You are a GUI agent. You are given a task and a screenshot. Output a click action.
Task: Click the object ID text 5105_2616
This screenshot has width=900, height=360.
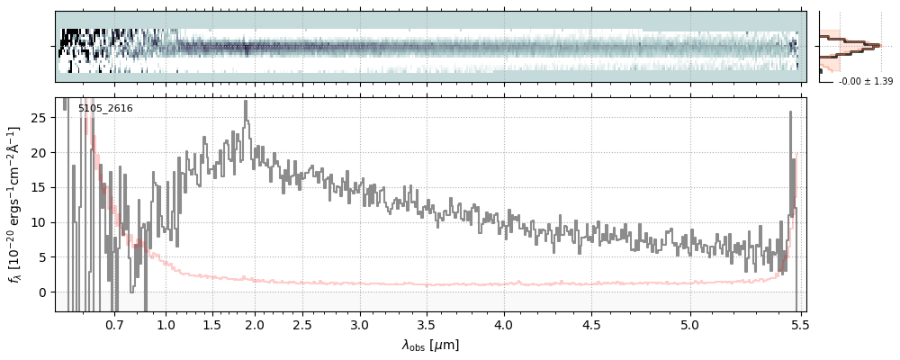pyautogui.click(x=105, y=109)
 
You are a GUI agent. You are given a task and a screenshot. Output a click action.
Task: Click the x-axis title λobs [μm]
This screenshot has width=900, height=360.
pyautogui.click(x=430, y=345)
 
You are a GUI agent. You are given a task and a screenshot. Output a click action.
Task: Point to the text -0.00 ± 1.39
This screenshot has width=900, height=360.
pyautogui.click(x=865, y=82)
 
